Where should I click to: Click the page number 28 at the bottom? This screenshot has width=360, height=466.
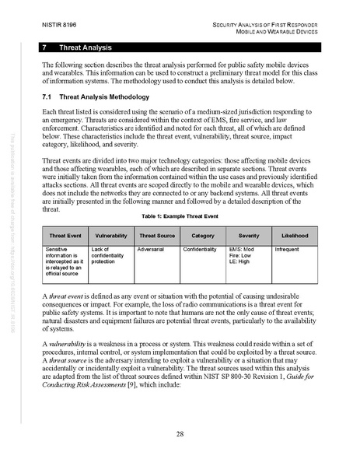(180, 433)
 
